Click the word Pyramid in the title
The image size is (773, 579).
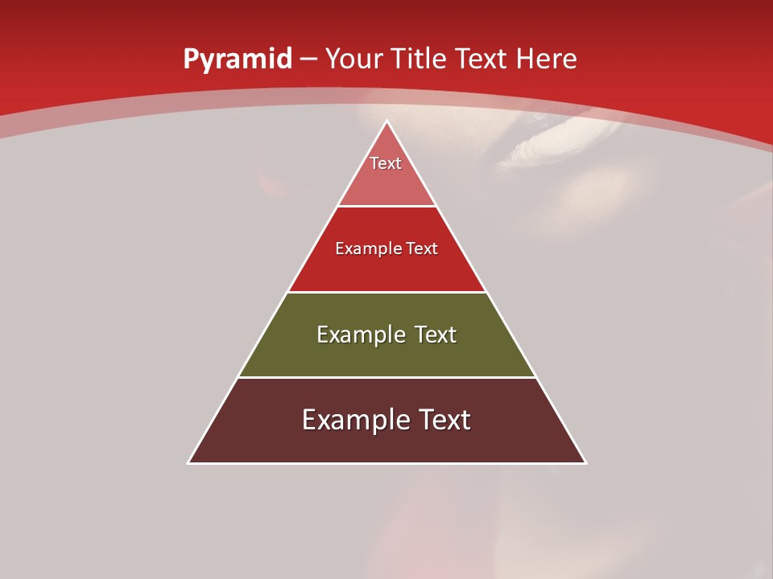coord(237,60)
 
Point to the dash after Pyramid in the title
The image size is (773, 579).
coord(308,60)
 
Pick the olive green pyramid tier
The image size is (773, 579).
coord(386,354)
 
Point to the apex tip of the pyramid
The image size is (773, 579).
coord(386,121)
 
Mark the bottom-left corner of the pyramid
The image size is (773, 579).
coord(189,462)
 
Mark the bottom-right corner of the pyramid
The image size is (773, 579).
coord(585,462)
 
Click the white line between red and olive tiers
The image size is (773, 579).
coord(386,292)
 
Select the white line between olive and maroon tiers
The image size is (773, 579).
coord(386,377)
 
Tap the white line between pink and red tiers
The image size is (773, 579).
coord(386,207)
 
